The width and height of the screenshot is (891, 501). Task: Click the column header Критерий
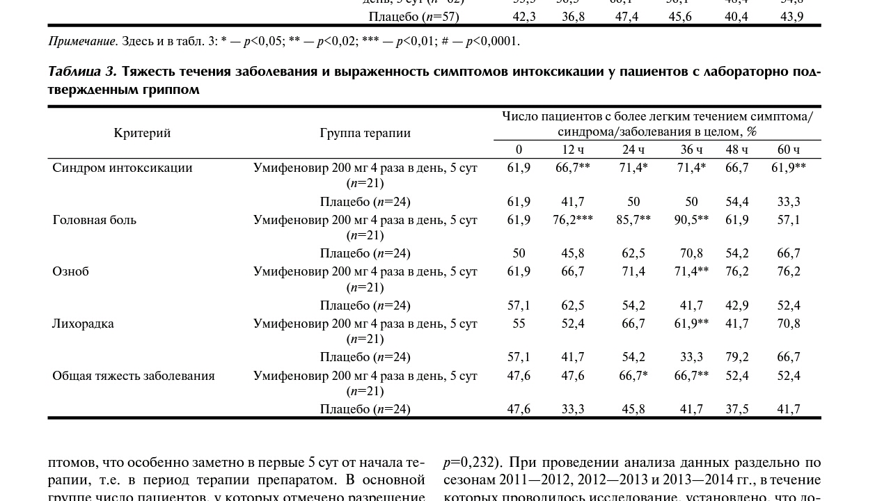point(142,133)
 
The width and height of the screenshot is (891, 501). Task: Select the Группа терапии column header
point(365,133)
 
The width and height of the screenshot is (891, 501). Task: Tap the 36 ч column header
point(691,150)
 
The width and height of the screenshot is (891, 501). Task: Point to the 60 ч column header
point(789,150)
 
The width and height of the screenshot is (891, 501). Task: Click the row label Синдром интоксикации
point(122,168)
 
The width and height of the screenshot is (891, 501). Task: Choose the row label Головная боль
point(94,220)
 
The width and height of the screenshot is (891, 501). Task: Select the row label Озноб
point(70,271)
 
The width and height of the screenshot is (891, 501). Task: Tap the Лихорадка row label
point(83,324)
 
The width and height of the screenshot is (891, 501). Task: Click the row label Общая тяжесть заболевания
point(133,376)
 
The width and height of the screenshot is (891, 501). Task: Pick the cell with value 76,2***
point(573,220)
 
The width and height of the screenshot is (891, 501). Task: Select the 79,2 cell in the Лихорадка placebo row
point(736,357)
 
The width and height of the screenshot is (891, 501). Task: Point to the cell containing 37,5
point(736,409)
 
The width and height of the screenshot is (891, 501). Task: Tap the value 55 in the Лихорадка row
point(519,324)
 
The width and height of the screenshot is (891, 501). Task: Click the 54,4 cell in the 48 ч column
point(736,202)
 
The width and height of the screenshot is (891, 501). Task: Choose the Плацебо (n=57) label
point(413,16)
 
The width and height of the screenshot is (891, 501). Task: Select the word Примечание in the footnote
point(83,41)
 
